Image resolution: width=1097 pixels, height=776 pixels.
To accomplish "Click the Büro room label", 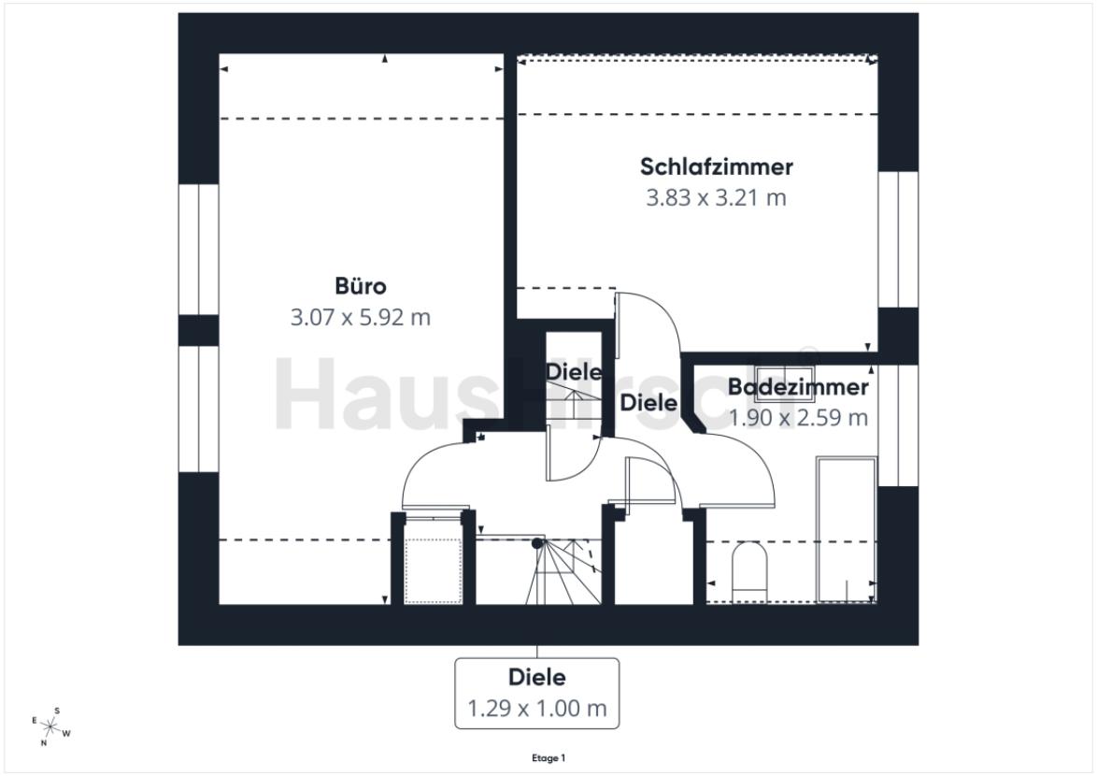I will click(360, 286).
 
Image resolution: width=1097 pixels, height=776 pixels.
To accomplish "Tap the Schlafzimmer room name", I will click(716, 167).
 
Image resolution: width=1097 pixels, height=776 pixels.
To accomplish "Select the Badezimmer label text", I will click(798, 387).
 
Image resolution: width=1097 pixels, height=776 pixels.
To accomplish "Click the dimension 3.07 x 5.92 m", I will click(360, 318).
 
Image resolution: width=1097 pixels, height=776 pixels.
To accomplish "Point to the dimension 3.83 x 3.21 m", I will click(716, 198).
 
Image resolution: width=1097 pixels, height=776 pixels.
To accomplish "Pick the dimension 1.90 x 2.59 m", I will click(798, 417).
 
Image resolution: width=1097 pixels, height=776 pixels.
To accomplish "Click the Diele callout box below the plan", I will click(536, 693).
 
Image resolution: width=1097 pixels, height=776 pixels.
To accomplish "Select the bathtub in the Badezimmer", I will click(846, 528).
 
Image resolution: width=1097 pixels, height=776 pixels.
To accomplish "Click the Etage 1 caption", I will click(548, 758).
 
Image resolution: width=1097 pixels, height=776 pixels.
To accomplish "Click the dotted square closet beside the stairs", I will click(434, 571).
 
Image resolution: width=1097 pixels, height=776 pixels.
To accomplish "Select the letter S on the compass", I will click(57, 711).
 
